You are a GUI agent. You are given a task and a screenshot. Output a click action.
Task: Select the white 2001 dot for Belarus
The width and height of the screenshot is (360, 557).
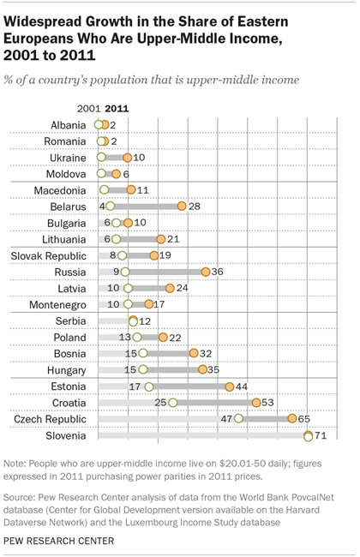[x=110, y=207]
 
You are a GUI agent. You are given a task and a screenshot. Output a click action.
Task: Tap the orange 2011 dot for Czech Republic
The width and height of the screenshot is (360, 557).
[x=293, y=419]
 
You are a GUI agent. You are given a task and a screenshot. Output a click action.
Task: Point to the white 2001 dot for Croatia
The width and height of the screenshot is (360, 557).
[x=173, y=403]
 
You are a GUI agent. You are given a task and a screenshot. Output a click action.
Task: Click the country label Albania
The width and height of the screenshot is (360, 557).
[x=68, y=125]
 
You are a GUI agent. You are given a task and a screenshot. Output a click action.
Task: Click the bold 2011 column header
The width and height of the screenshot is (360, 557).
[x=117, y=109]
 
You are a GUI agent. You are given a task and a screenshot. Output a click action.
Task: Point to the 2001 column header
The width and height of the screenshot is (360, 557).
[x=89, y=109]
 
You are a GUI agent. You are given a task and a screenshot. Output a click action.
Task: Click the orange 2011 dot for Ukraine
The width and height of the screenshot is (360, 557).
[x=127, y=158]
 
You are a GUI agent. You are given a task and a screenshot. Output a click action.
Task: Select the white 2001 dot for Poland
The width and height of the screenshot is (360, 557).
[x=137, y=338]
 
